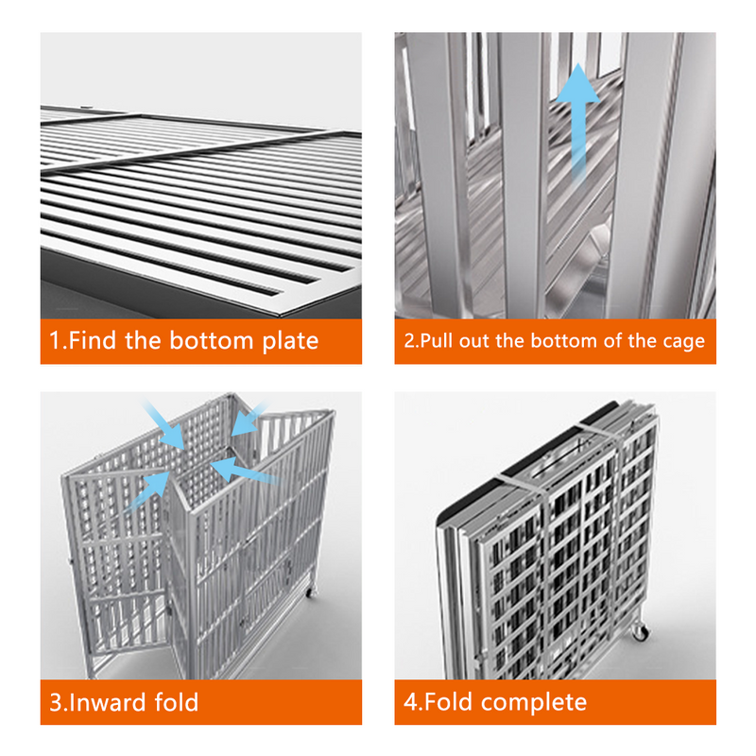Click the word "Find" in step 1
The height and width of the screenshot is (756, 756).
coord(92,340)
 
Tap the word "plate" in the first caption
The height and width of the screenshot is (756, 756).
coord(290,342)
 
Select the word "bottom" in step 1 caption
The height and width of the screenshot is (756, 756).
coord(211,340)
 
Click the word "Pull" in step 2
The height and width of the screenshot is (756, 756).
coord(437,340)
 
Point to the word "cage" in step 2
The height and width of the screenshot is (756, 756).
coord(683,342)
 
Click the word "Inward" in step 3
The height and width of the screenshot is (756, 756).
coord(107,702)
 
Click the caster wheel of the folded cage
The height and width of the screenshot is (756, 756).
coord(641,630)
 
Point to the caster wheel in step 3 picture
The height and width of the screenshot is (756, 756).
coord(311,592)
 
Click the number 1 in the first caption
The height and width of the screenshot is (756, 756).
coord(55,340)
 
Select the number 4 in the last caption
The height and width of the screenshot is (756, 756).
coord(411,702)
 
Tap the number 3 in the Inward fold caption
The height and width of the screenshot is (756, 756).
coord(56,702)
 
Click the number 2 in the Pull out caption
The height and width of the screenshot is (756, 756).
coord(409,340)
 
